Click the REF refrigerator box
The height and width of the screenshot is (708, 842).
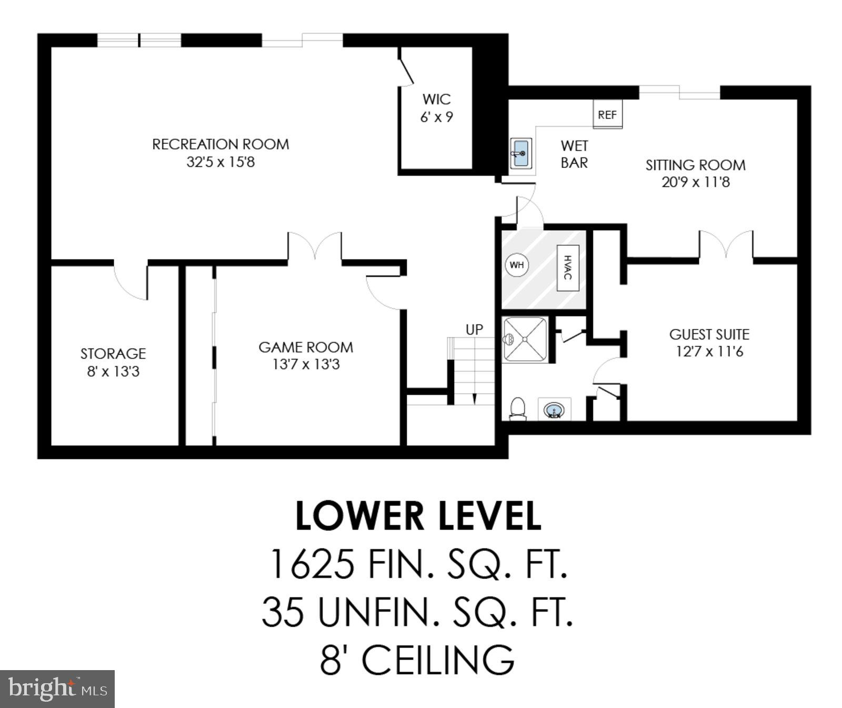click(x=607, y=114)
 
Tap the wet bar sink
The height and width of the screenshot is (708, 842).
click(x=520, y=153)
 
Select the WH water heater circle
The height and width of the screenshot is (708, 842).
click(x=517, y=265)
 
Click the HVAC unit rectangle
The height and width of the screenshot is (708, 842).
click(x=568, y=267)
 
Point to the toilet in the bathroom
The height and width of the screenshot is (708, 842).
click(x=518, y=409)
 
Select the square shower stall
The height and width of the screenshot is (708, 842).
click(x=525, y=340)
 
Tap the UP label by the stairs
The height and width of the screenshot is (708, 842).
click(x=474, y=330)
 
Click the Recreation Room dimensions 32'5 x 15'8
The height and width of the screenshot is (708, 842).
click(x=220, y=162)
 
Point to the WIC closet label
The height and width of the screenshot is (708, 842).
click(x=436, y=99)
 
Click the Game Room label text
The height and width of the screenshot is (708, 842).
click(x=306, y=347)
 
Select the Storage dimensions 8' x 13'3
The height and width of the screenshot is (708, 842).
click(x=113, y=372)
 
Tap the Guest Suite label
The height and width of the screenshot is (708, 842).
click(x=709, y=334)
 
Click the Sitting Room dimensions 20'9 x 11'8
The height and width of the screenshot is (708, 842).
click(x=696, y=182)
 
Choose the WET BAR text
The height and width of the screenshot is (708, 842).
click(x=574, y=154)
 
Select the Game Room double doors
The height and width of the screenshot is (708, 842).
click(x=315, y=246)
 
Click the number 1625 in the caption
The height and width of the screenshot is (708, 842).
click(x=311, y=564)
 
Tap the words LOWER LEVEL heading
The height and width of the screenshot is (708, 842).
click(x=418, y=516)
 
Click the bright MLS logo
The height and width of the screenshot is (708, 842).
click(x=57, y=689)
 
